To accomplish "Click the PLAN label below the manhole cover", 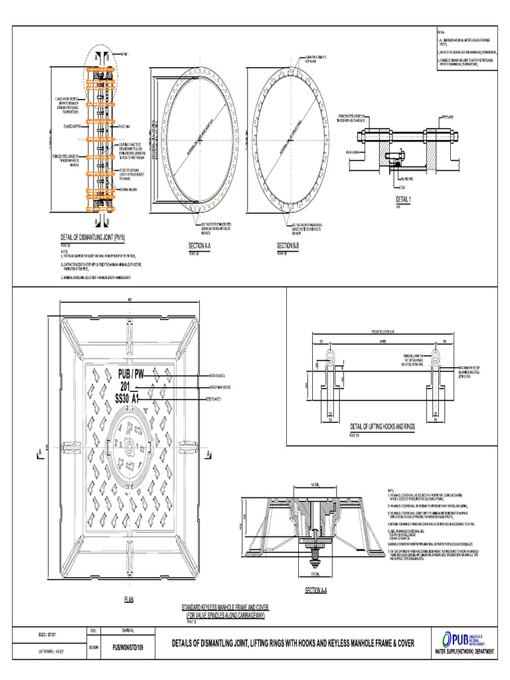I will click(129, 600).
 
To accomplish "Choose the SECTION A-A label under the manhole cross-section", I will click(321, 590).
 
